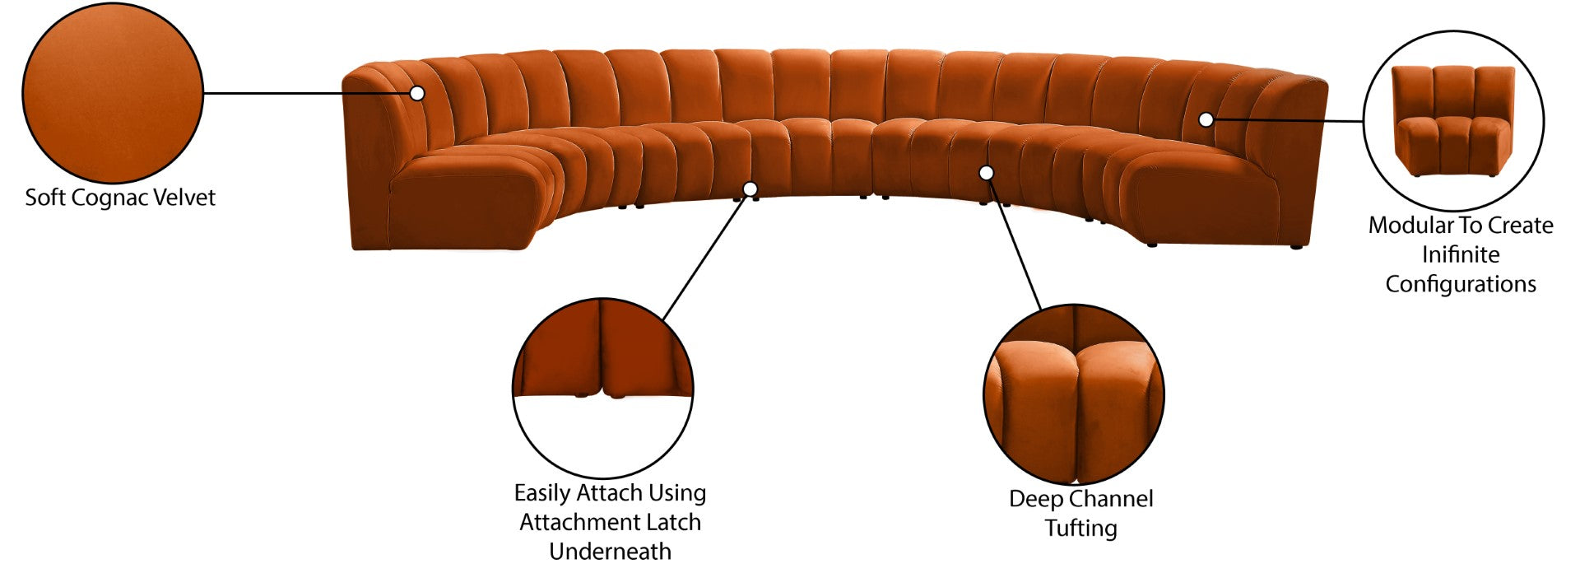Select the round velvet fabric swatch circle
tap(113, 92)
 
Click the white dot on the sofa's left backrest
tap(417, 93)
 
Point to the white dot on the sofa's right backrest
tap(1206, 119)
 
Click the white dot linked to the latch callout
tap(750, 189)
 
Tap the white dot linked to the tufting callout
tap(986, 173)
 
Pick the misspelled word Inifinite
tap(1461, 254)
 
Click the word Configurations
tap(1461, 285)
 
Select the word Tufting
tap(1080, 529)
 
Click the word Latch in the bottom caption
tap(673, 522)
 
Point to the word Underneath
tap(610, 552)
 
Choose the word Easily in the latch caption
tap(542, 493)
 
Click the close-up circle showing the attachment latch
tap(602, 387)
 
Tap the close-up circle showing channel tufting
tap(1073, 394)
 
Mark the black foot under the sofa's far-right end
tap(1297, 245)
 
